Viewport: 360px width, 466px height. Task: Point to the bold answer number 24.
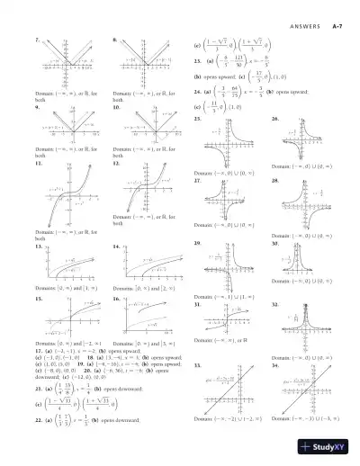click(197, 91)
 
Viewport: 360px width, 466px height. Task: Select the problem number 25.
click(197, 119)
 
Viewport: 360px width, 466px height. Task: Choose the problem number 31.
click(197, 305)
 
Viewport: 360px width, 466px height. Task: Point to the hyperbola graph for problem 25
click(233, 143)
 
